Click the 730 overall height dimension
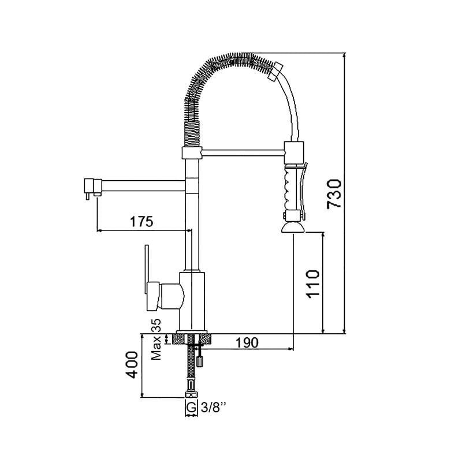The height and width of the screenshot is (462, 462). tap(334, 194)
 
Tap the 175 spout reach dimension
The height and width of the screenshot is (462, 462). tap(141, 221)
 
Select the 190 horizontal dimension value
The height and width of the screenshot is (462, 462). tap(247, 342)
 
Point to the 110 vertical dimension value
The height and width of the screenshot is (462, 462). tap(313, 284)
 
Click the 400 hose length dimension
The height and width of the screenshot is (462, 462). tap(132, 365)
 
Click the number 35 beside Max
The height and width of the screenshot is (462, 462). tap(156, 325)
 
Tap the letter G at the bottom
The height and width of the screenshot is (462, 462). tap(191, 408)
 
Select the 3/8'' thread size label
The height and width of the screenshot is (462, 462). tap(214, 408)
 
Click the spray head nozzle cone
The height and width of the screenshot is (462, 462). tap(293, 228)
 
